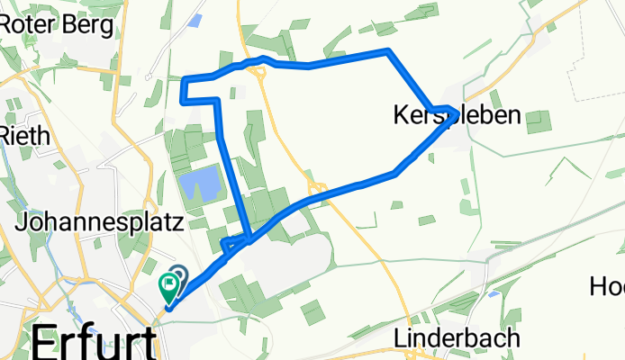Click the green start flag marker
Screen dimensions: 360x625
(x=168, y=286)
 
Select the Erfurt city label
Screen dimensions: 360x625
(x=94, y=343)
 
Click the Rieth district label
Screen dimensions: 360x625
(x=27, y=136)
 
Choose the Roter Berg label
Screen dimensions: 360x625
(x=58, y=24)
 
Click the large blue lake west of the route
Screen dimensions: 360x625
(x=200, y=186)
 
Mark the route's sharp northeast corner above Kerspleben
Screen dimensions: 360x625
(x=387, y=50)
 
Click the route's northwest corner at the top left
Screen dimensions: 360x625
(x=185, y=81)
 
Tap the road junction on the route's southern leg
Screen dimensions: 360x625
(x=317, y=188)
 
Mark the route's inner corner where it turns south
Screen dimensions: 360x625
(x=217, y=100)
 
